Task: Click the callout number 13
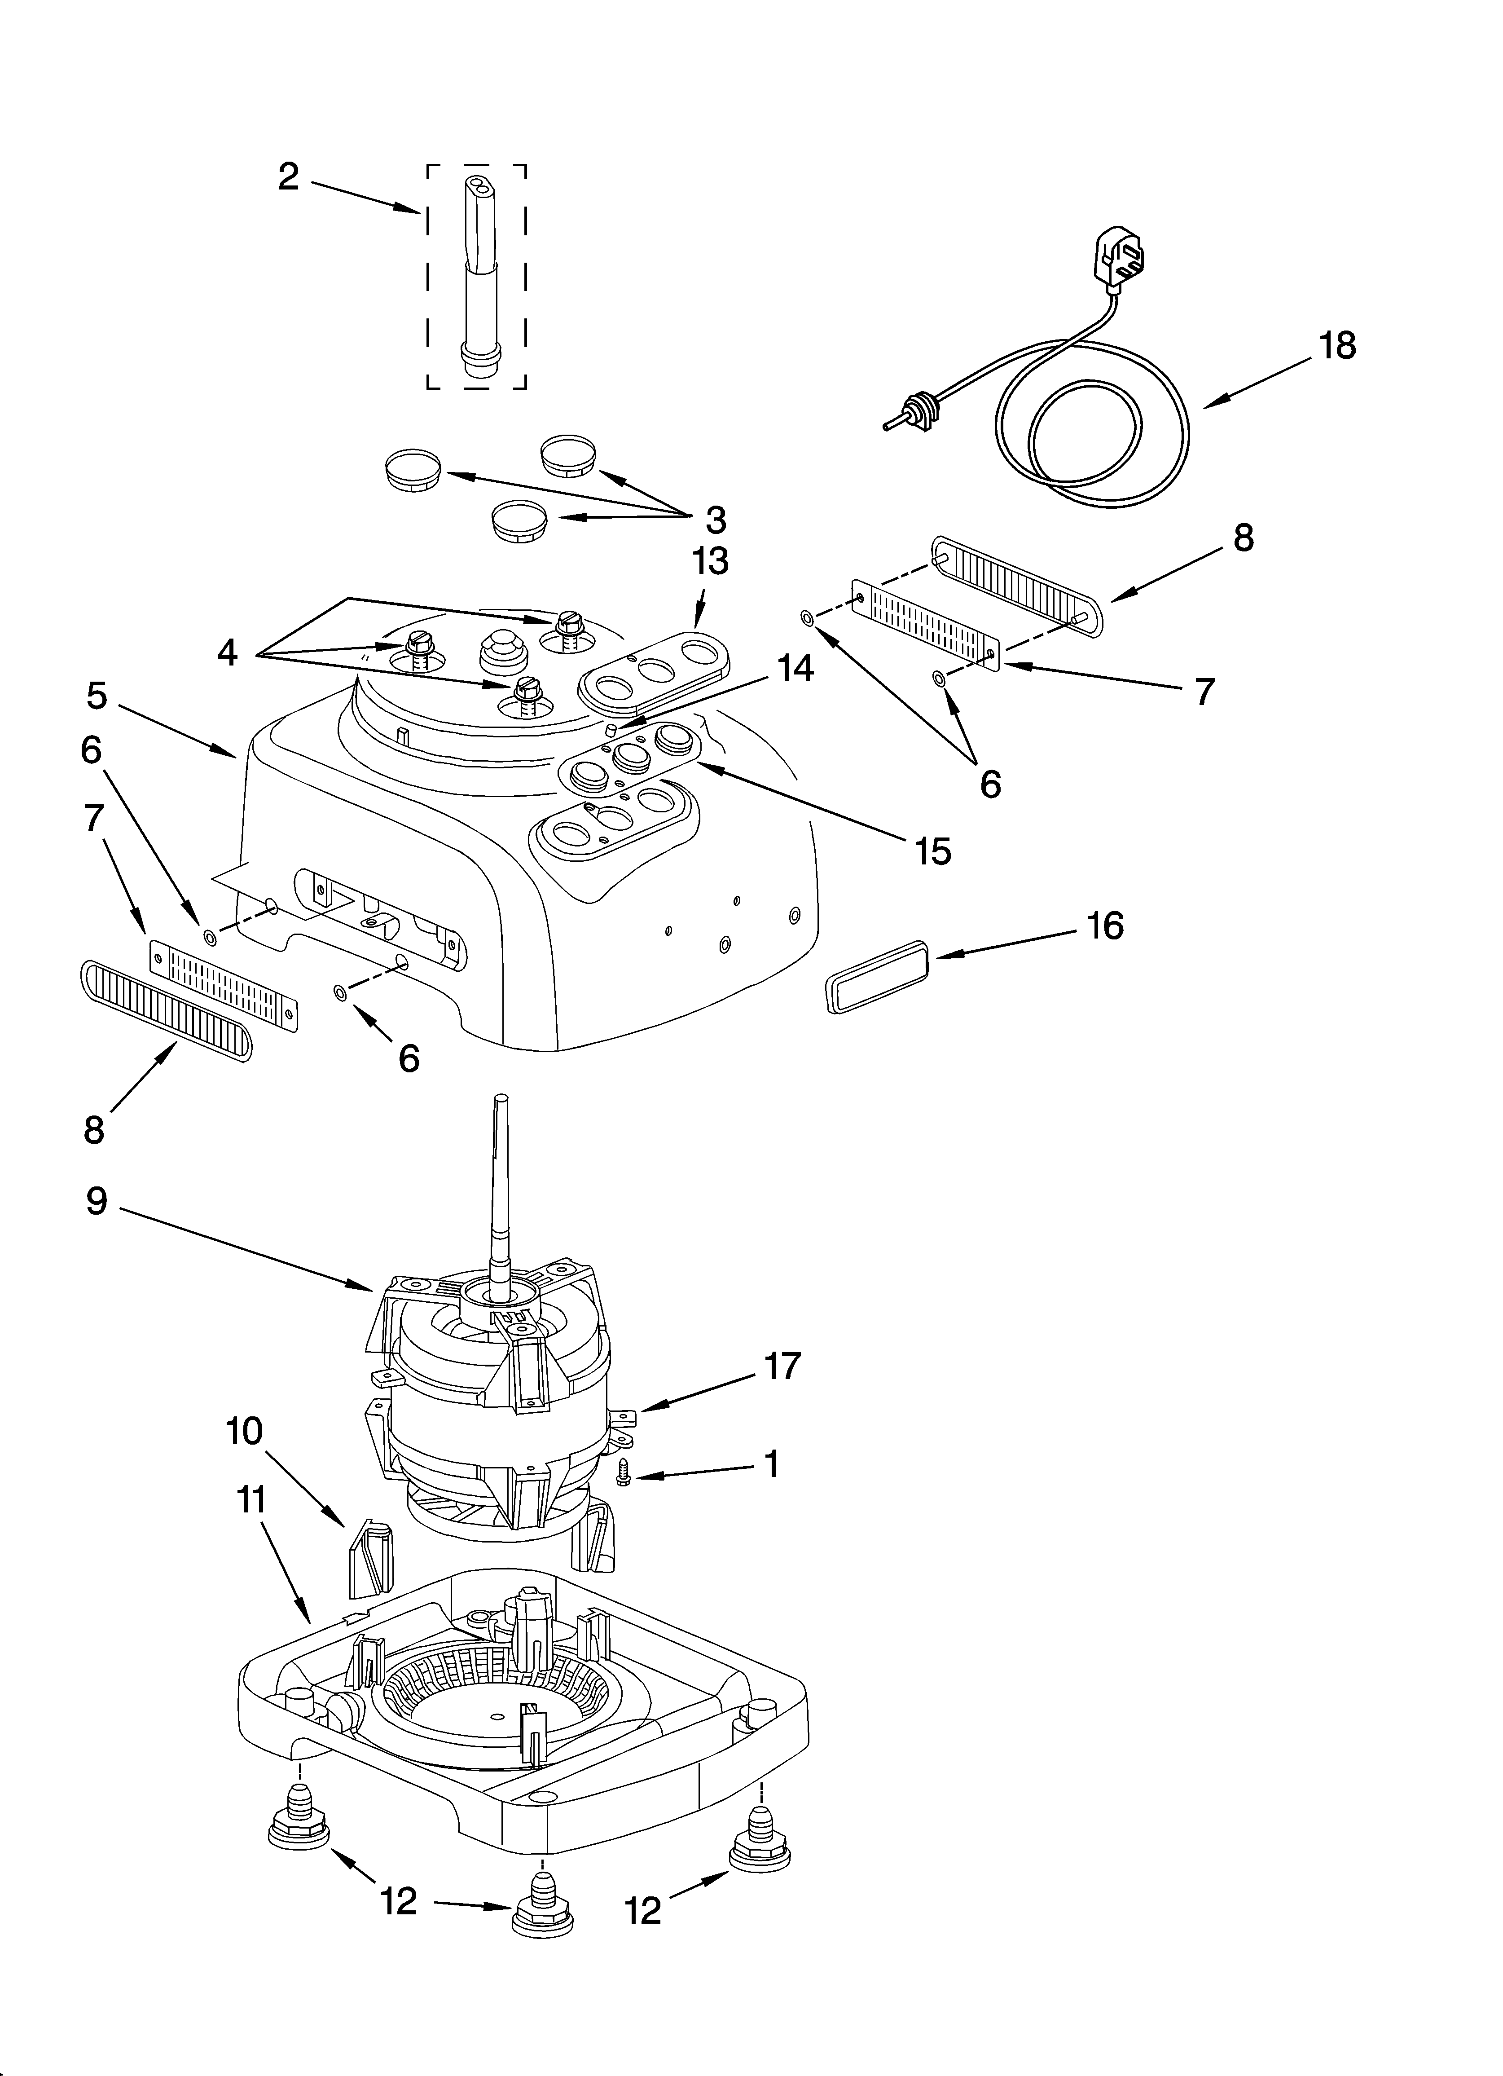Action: [x=710, y=561]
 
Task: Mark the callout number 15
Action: [x=933, y=851]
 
